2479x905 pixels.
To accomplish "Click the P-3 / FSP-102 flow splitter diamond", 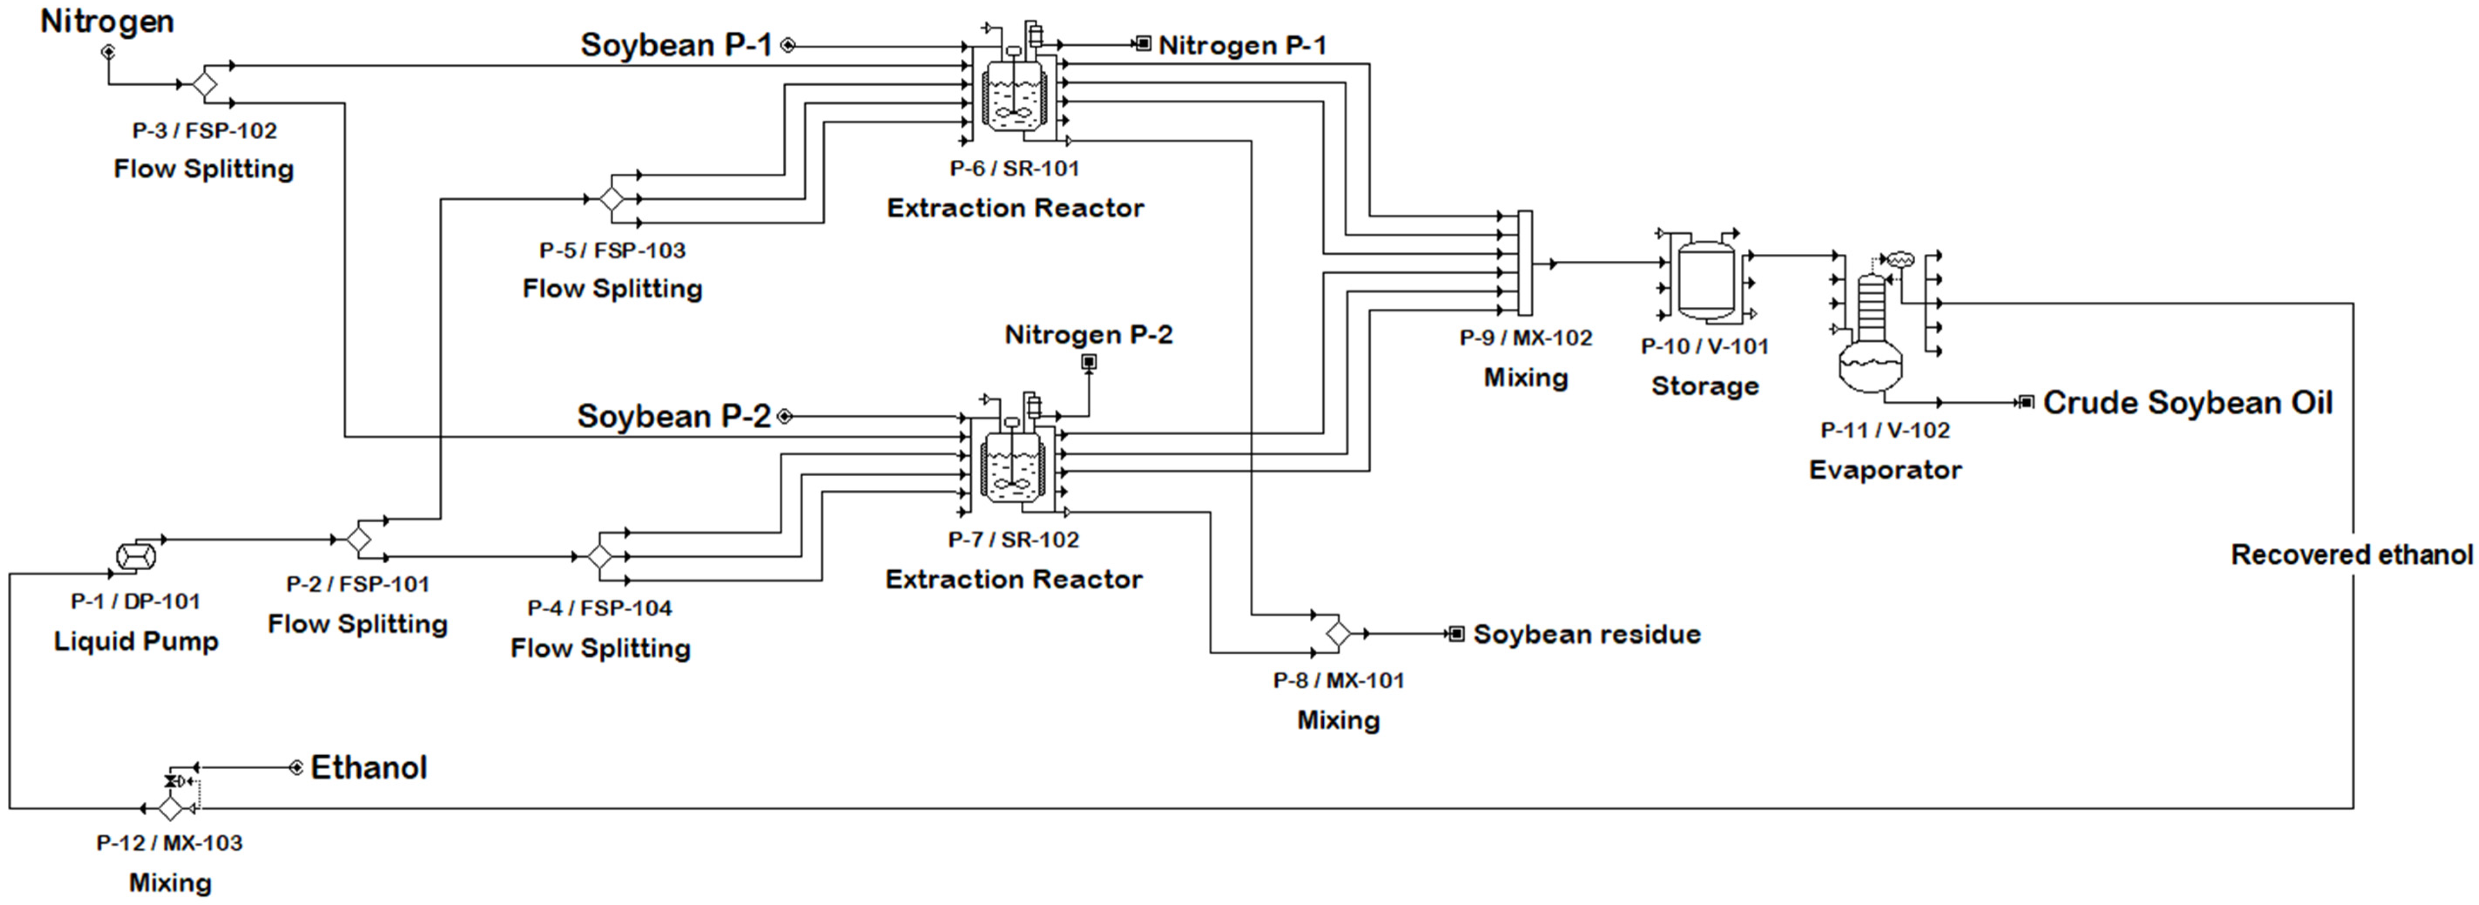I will point(204,84).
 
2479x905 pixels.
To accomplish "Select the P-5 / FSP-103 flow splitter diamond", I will point(611,199).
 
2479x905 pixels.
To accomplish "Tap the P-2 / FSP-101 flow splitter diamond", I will point(359,539).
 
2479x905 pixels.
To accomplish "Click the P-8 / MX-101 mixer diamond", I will point(1338,633).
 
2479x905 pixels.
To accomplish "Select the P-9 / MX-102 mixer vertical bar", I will point(1524,263).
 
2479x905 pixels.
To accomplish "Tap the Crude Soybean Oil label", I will point(2187,402).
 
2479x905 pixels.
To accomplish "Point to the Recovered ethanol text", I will point(2351,555).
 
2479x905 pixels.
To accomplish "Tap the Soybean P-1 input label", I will point(676,44).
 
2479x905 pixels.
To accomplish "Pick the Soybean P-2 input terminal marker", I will point(784,416).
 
